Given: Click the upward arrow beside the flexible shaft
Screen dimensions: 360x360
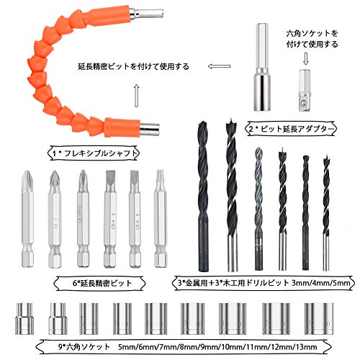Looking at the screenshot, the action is click(x=137, y=96).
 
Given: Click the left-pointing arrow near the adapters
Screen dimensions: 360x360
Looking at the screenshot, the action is click(x=219, y=66).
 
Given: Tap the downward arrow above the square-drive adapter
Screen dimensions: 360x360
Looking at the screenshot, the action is click(x=305, y=59).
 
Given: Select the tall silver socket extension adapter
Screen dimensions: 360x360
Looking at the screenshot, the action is click(x=262, y=67).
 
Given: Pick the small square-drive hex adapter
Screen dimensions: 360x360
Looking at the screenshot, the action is click(x=305, y=90).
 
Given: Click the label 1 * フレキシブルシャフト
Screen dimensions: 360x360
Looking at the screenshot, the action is click(x=94, y=153).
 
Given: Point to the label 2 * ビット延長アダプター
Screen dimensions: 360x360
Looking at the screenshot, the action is click(x=292, y=129).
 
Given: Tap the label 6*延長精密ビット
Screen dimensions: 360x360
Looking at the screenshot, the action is click(x=100, y=283).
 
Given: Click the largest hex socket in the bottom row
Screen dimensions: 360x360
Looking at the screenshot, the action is click(x=319, y=318).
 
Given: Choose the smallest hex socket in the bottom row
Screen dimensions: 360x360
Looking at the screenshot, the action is click(x=24, y=318).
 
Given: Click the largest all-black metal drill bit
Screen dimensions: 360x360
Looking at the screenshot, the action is click(x=203, y=196).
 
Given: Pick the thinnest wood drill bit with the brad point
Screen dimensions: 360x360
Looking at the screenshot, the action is click(x=325, y=212).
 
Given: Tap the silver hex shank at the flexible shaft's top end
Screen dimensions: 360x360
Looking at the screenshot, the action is click(x=147, y=13).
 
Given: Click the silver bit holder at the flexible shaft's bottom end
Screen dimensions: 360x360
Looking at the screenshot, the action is click(x=150, y=129).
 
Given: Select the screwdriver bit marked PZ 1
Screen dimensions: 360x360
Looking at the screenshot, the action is click(x=55, y=219).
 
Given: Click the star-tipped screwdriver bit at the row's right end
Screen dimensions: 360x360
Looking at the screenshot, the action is click(x=161, y=218).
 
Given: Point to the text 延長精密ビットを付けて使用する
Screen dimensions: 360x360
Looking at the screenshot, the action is click(x=134, y=66).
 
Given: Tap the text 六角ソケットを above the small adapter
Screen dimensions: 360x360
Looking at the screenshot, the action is click(x=312, y=33).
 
